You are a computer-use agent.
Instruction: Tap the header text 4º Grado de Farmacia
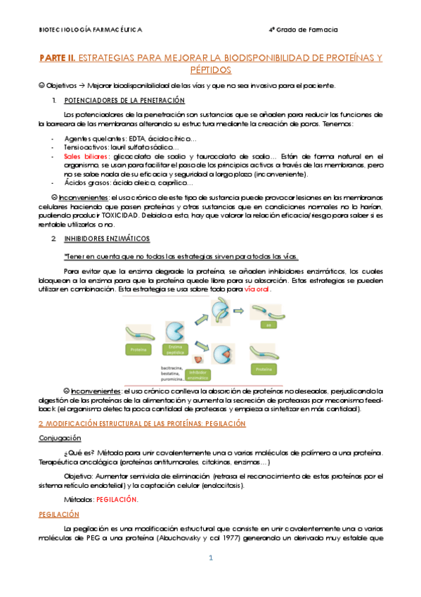click(303, 30)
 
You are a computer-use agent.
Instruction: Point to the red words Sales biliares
click(82, 156)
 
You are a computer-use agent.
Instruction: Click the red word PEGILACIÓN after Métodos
click(118, 499)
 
